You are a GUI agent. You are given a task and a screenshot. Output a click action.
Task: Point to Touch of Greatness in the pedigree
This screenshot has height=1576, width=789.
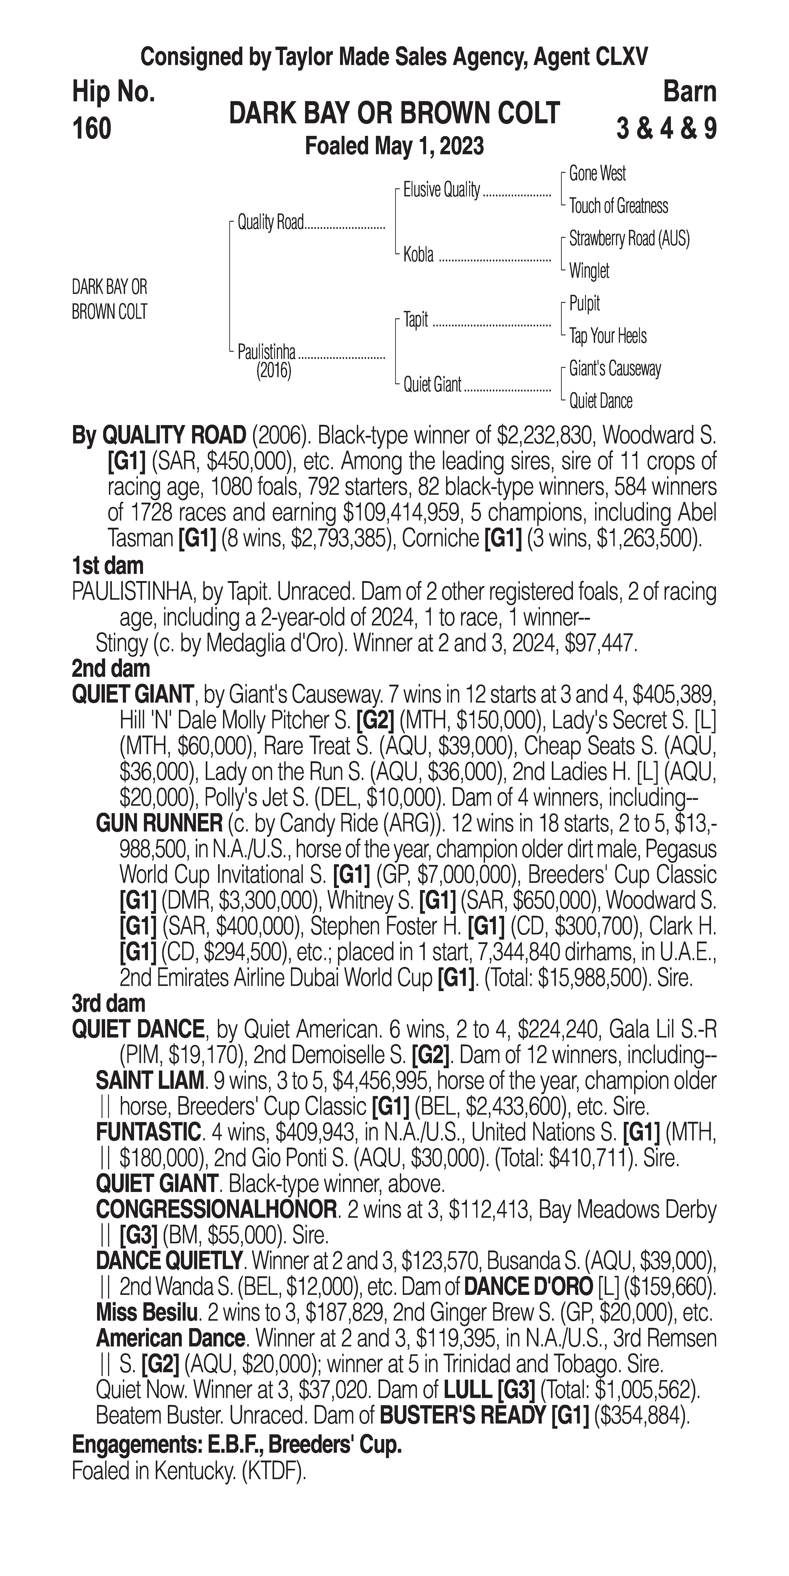pyautogui.click(x=618, y=206)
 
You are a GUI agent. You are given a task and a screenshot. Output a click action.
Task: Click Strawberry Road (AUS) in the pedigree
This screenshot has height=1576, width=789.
pyautogui.click(x=629, y=239)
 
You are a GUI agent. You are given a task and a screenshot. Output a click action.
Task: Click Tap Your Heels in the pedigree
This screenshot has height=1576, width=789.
pyautogui.click(x=607, y=336)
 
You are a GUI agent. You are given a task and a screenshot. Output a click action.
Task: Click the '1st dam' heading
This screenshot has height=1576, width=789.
pyautogui.click(x=108, y=565)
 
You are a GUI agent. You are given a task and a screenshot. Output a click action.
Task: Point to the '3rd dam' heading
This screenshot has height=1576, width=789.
pyautogui.click(x=109, y=1003)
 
